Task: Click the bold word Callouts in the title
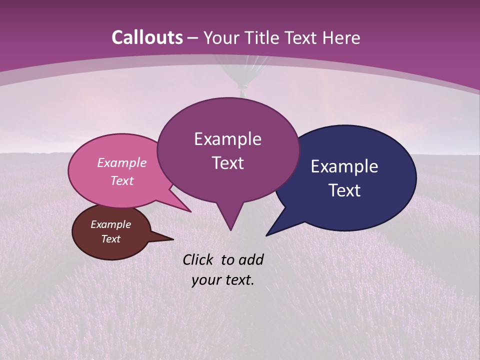coord(147,37)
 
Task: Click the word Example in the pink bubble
coord(122,162)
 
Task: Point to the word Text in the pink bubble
coord(122,180)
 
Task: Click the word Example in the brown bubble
coord(111,224)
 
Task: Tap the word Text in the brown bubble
coord(111,239)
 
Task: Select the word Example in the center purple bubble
coord(228,139)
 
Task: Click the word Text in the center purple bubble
coord(228,163)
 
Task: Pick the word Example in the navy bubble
coord(344,166)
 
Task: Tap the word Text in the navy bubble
coord(344,190)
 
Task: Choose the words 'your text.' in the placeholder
coord(223,280)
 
